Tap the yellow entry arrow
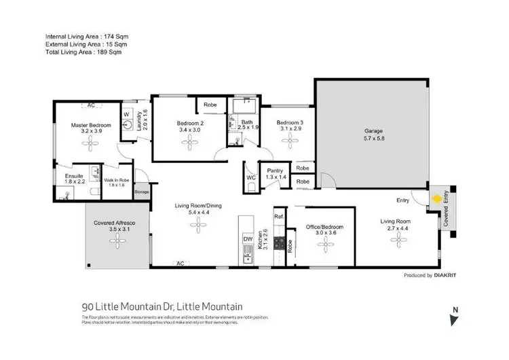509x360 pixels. [436, 200]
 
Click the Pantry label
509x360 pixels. [275, 171]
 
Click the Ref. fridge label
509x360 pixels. [278, 216]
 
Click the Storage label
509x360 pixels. [141, 192]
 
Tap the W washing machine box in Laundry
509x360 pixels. [126, 114]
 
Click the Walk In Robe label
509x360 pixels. [116, 180]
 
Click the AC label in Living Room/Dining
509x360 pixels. [179, 263]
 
